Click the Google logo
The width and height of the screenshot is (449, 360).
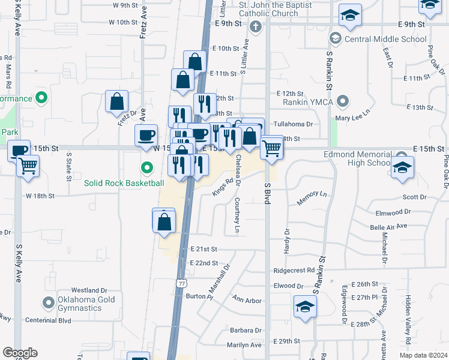(20, 353)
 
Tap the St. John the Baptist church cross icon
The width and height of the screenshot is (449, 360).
(255, 26)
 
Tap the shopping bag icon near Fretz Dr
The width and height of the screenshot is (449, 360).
(117, 101)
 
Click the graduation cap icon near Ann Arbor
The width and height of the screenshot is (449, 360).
(305, 307)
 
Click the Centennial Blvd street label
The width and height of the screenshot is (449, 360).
(46, 320)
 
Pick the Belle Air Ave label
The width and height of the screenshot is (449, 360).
(388, 226)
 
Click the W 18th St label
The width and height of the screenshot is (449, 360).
(40, 196)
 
